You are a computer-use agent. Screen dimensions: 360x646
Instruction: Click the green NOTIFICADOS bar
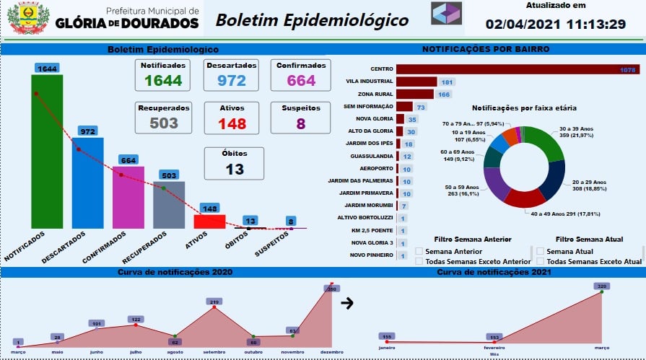pos(47,152)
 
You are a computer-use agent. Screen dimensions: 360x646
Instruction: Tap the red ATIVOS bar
pos(210,221)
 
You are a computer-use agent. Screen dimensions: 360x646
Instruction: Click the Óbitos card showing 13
pos(234,163)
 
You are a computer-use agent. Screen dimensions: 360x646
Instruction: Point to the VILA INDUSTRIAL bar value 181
pos(447,82)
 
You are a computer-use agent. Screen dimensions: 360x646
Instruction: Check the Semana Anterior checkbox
pos(419,251)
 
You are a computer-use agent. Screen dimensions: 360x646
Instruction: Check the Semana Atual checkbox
pos(540,251)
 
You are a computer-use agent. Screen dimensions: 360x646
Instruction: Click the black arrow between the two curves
pos(346,303)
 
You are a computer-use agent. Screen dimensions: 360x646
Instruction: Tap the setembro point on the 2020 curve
pos(214,309)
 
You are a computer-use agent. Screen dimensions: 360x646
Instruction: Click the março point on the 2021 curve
pos(601,292)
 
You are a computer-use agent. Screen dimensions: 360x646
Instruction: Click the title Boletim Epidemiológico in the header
pos(312,19)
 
